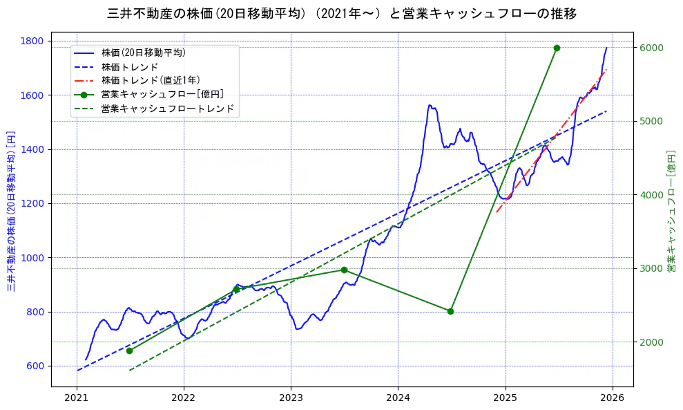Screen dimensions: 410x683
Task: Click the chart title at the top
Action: [342, 13]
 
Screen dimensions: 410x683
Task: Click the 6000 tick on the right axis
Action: [651, 48]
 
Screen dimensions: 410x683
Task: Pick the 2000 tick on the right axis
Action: [651, 342]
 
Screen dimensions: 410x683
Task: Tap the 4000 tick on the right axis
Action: [651, 195]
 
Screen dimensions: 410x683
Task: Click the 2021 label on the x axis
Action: [77, 398]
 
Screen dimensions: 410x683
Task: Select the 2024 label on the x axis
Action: [398, 398]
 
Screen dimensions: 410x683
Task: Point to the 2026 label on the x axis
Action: [613, 398]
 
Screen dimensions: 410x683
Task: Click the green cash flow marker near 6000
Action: [557, 48]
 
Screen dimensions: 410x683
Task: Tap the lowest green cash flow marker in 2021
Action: [129, 351]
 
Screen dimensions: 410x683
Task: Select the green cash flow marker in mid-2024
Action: [450, 311]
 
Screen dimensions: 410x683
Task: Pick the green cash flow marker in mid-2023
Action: [344, 270]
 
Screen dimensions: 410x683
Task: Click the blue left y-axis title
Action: [12, 210]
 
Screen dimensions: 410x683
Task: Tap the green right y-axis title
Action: [670, 210]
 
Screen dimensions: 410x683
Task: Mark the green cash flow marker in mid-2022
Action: [236, 289]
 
